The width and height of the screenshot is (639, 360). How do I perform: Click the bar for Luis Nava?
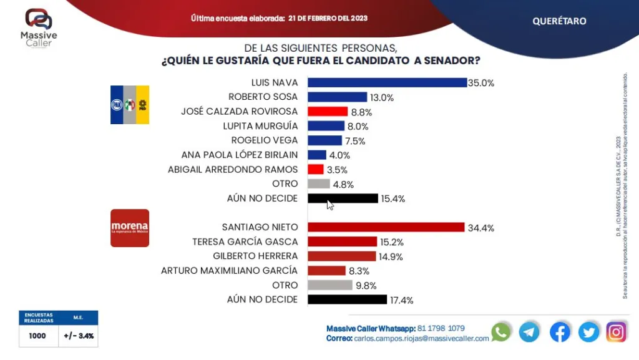pos(387,82)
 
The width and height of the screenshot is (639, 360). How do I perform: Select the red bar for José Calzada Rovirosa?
pos(328,112)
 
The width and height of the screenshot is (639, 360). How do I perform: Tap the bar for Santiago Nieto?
pos(386,227)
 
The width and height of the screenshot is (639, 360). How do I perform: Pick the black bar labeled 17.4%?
pos(348,299)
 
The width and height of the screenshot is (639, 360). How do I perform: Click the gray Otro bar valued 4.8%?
pos(319,184)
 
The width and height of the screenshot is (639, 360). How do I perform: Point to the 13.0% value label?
pos(383,97)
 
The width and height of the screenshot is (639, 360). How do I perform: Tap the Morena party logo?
pos(130,228)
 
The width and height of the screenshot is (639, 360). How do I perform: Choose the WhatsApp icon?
pos(500,332)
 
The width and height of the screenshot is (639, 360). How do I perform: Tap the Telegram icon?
pos(529,332)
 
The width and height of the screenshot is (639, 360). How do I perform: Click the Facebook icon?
pos(559,332)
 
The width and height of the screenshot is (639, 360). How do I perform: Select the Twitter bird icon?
pos(588,332)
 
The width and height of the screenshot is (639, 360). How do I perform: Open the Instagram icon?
pos(617,332)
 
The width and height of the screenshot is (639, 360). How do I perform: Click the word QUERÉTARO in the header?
pos(559,21)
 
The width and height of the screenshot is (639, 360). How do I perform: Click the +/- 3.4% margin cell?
pos(79,336)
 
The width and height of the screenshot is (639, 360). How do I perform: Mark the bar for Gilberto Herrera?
pos(342,256)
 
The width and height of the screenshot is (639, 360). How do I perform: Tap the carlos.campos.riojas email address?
pos(421,338)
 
